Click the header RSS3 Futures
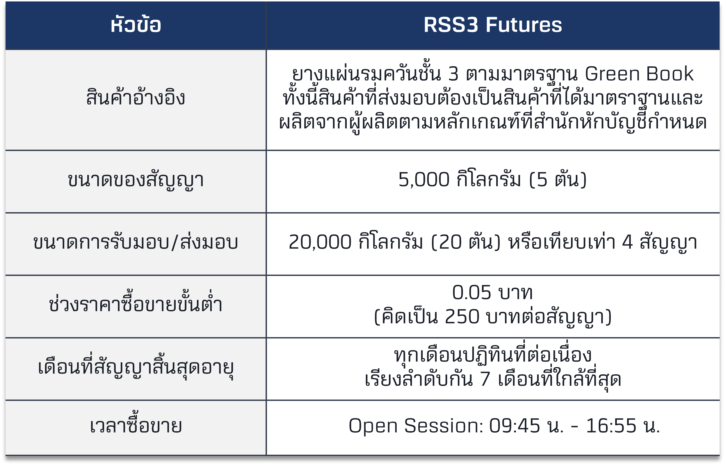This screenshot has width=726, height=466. [x=493, y=24]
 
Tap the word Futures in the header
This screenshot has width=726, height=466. [x=524, y=24]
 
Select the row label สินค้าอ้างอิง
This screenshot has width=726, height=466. [x=136, y=97]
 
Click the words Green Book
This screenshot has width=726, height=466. [x=639, y=74]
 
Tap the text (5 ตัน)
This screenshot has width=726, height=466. [x=558, y=179]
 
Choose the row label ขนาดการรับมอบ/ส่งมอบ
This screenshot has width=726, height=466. [x=136, y=242]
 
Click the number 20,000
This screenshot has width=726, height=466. [x=320, y=242]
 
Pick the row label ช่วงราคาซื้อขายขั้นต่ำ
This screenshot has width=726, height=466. [x=136, y=303]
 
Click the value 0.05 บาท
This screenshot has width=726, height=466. [x=492, y=293]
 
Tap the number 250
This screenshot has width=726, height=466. [x=462, y=317]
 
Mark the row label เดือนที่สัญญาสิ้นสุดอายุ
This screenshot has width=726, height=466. [x=136, y=366]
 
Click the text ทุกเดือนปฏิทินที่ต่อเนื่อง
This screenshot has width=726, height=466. [x=493, y=354]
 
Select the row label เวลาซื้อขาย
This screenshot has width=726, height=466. [x=136, y=425]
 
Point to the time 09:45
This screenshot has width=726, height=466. [x=515, y=426]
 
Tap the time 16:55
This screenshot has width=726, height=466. [x=611, y=426]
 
